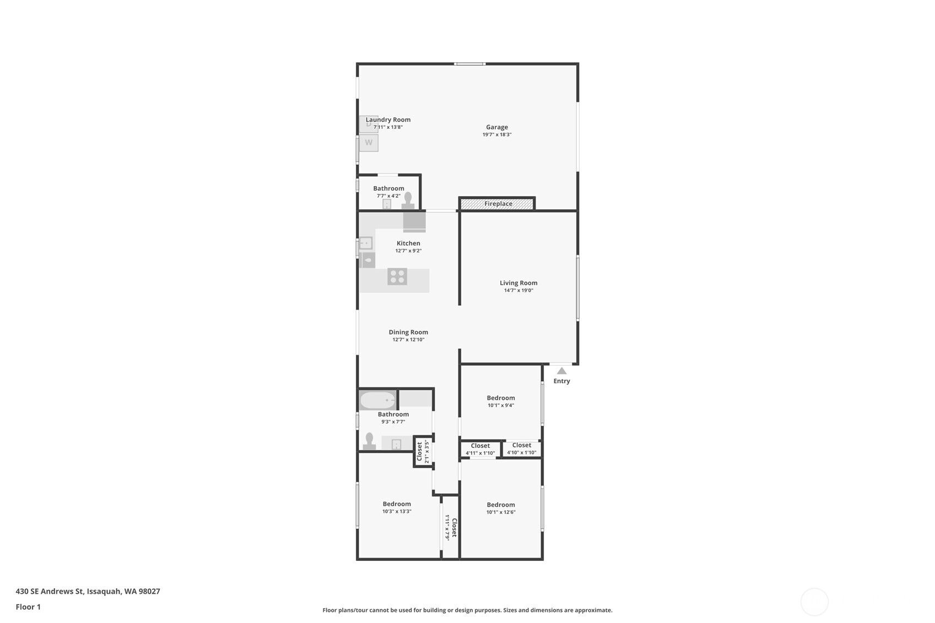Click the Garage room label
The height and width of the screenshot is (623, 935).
click(x=496, y=127)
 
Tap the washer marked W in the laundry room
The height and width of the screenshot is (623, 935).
click(x=369, y=142)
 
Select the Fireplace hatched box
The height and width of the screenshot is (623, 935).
click(x=497, y=204)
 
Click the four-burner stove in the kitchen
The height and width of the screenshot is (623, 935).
click(x=397, y=277)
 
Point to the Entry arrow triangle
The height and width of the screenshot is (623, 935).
click(x=561, y=371)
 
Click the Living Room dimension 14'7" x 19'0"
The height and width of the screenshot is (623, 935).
click(x=518, y=290)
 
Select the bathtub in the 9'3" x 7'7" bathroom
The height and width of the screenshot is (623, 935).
click(x=378, y=400)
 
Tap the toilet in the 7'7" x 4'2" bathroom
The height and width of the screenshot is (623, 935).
click(x=408, y=200)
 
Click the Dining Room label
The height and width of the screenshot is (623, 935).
click(x=408, y=332)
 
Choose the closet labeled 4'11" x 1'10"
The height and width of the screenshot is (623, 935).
click(x=480, y=449)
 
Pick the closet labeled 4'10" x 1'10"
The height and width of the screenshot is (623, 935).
click(x=521, y=448)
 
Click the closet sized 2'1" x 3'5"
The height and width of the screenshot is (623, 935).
click(x=423, y=451)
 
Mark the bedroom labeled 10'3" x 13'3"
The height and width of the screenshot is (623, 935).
click(x=397, y=507)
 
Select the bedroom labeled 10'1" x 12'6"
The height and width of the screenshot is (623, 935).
click(x=500, y=508)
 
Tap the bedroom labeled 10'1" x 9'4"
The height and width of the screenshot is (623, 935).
click(x=500, y=401)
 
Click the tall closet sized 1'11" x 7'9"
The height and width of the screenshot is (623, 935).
click(x=451, y=528)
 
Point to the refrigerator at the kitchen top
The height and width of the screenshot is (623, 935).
click(x=414, y=222)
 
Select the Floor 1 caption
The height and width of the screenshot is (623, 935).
click(x=28, y=606)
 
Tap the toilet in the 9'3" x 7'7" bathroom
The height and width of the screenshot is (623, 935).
click(x=369, y=441)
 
